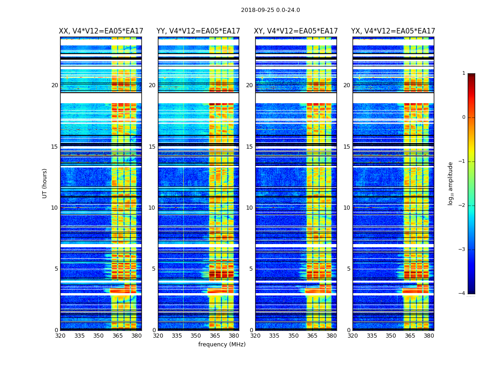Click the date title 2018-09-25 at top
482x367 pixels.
click(270, 10)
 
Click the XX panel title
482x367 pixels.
click(101, 31)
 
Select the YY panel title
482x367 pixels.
click(198, 31)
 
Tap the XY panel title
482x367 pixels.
click(296, 31)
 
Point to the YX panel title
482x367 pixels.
click(393, 31)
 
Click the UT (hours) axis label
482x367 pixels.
click(45, 183)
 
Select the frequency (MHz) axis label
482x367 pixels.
click(222, 345)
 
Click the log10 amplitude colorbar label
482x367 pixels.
click(451, 183)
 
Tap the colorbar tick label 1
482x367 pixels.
click(463, 73)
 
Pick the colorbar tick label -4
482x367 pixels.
click(462, 294)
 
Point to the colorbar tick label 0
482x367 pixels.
click(463, 117)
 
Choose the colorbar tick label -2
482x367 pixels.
click(462, 206)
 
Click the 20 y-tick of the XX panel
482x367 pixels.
click(55, 85)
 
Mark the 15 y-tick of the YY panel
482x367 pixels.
click(152, 147)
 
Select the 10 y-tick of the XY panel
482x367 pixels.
click(250, 208)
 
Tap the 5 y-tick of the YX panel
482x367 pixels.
click(349, 269)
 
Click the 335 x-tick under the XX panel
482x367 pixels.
click(79, 336)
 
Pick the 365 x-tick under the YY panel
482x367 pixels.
click(215, 336)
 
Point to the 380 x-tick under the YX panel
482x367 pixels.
click(429, 336)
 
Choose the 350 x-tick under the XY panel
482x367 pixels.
click(293, 336)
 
